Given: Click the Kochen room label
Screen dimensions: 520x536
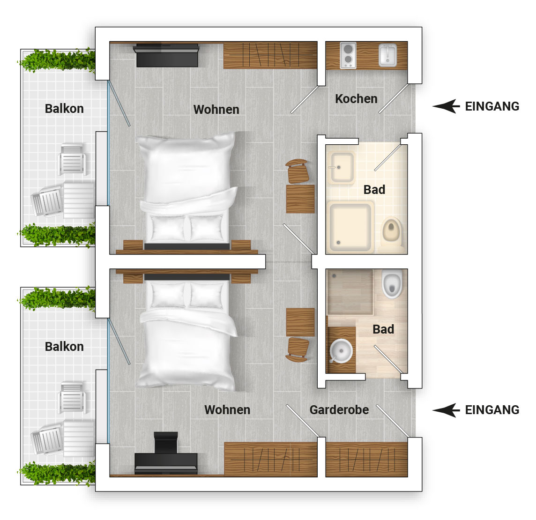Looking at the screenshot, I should [356, 99].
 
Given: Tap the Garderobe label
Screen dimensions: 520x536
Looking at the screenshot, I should [339, 410].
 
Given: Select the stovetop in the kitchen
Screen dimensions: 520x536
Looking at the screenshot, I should [348, 55].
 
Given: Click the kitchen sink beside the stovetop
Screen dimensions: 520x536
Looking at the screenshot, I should [387, 55].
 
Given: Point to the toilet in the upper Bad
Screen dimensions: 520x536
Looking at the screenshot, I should [392, 231].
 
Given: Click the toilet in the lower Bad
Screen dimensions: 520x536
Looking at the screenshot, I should [392, 284].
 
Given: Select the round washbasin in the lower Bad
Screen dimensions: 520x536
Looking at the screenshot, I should [342, 351].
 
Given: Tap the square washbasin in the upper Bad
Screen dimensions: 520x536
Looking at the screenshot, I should [341, 167].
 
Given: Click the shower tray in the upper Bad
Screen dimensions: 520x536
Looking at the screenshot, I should [350, 227].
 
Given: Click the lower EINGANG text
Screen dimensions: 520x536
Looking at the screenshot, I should [492, 410].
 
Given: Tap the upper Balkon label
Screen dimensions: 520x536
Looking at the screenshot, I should [64, 109].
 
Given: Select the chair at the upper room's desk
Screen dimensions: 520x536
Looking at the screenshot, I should [297, 171].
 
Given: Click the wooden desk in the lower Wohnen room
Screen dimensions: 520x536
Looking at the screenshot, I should [300, 322].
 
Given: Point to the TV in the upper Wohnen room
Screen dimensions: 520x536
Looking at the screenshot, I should [166, 55].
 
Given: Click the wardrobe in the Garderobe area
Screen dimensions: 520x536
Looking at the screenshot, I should [366, 459].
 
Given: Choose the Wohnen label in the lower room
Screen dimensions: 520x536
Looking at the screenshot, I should [227, 410].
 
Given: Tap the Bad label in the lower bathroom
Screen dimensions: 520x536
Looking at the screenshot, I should [383, 329].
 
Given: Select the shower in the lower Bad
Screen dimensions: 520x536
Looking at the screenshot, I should [350, 292].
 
